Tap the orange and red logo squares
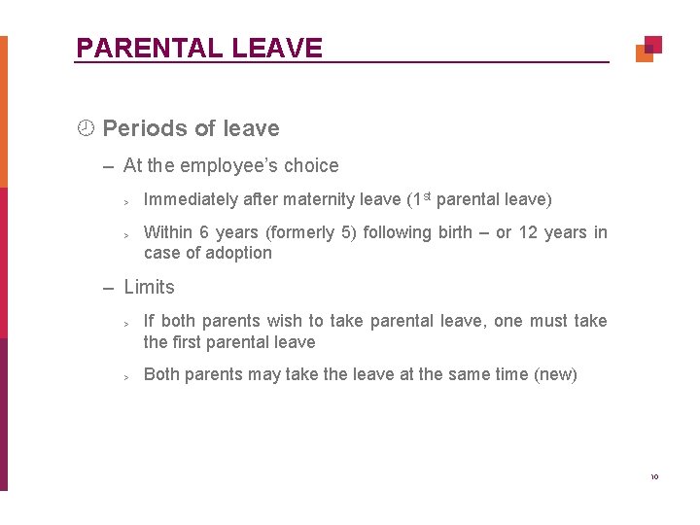pos(648,49)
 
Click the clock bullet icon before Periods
pos(86,128)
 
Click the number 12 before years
pos(528,232)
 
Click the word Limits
pos(150,287)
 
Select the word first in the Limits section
pos(190,342)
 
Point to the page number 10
pos(654,476)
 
